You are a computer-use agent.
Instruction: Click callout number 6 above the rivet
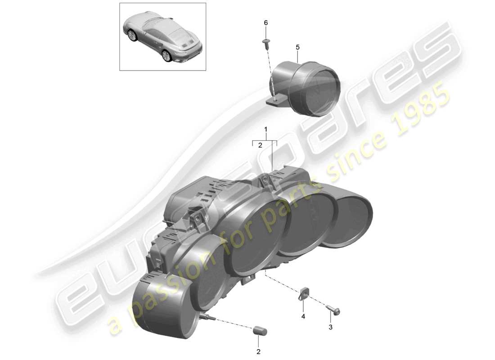pyautogui.click(x=265, y=22)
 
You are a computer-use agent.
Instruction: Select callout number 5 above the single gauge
pyautogui.click(x=297, y=47)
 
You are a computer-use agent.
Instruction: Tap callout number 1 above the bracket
pyautogui.click(x=266, y=130)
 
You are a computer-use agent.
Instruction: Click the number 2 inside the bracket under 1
pyautogui.click(x=260, y=145)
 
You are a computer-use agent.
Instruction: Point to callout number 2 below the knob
pyautogui.click(x=258, y=351)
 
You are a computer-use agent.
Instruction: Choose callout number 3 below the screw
pyautogui.click(x=330, y=327)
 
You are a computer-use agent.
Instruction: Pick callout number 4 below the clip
pyautogui.click(x=303, y=317)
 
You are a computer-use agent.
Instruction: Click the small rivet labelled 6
pyautogui.click(x=265, y=43)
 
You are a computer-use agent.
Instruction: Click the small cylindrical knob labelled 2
pyautogui.click(x=260, y=332)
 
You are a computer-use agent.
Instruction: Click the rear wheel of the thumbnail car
pyautogui.click(x=166, y=55)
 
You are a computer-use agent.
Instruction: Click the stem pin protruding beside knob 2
pyautogui.click(x=209, y=318)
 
